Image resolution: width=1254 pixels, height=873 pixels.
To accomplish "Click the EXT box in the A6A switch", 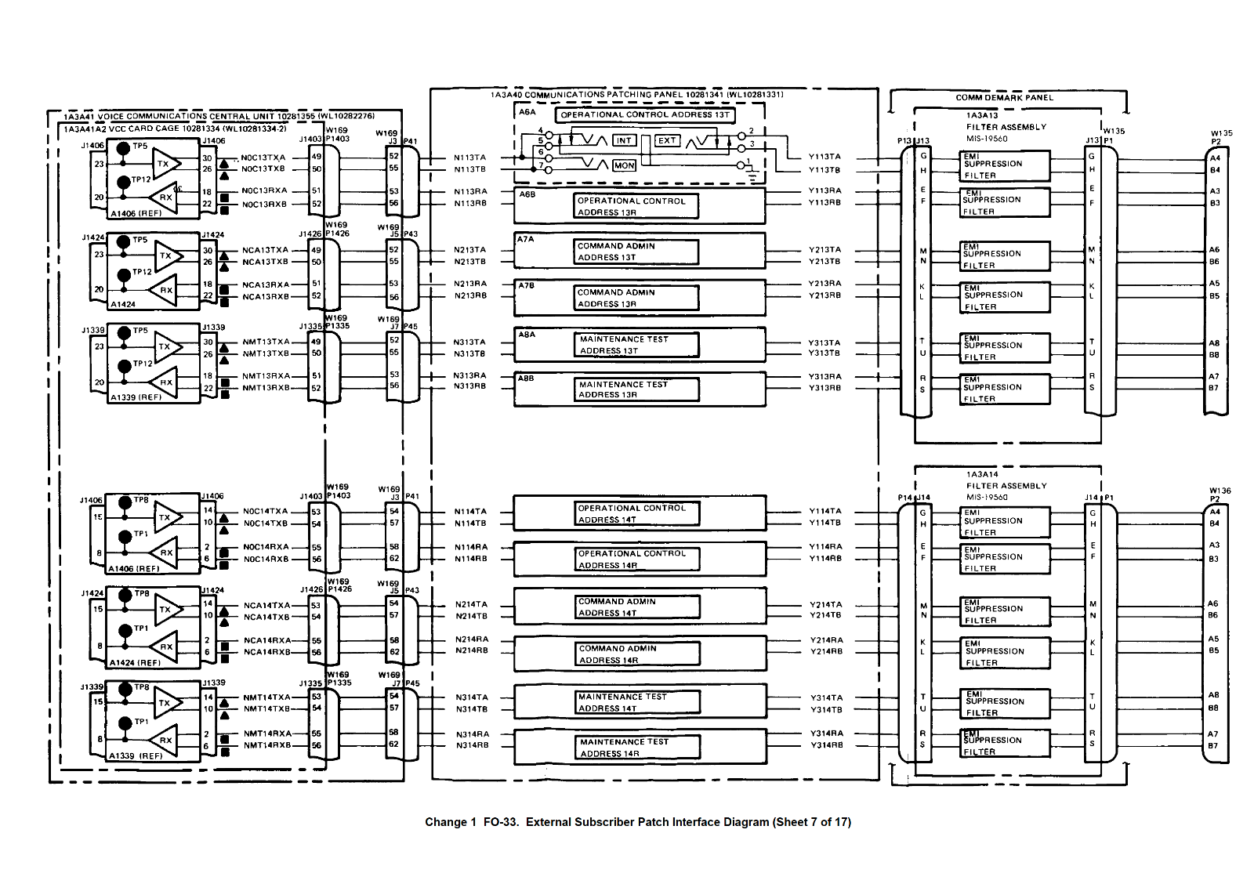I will pyautogui.click(x=667, y=140).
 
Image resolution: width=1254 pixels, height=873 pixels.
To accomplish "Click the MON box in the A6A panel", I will pyautogui.click(x=624, y=165).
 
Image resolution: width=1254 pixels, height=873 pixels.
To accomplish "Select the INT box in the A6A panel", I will pyautogui.click(x=624, y=140).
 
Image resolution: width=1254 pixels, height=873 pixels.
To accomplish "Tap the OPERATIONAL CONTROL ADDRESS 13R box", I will pyautogui.click(x=636, y=207).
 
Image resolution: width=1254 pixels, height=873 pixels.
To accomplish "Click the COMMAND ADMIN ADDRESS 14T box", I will pyautogui.click(x=638, y=607).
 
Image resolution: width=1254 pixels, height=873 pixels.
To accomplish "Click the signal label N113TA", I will pyautogui.click(x=469, y=158).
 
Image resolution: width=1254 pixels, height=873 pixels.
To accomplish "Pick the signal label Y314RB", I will pyautogui.click(x=826, y=745).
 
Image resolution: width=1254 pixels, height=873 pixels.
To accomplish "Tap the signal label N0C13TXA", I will pyautogui.click(x=263, y=158).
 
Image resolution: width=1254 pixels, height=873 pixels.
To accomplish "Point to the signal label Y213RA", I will pyautogui.click(x=825, y=284).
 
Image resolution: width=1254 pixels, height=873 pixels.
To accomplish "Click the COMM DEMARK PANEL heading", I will pyautogui.click(x=1004, y=98).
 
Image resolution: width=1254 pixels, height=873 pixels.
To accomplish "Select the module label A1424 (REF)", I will pyautogui.click(x=135, y=662).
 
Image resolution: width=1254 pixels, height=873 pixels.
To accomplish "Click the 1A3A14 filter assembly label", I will pyautogui.click(x=982, y=474).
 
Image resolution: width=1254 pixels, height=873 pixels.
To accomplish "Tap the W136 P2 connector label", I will pyautogui.click(x=1220, y=494).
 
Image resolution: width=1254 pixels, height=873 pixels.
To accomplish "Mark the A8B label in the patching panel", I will pyautogui.click(x=526, y=378).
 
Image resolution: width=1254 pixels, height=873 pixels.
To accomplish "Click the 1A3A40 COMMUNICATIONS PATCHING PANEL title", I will pyautogui.click(x=636, y=95).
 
